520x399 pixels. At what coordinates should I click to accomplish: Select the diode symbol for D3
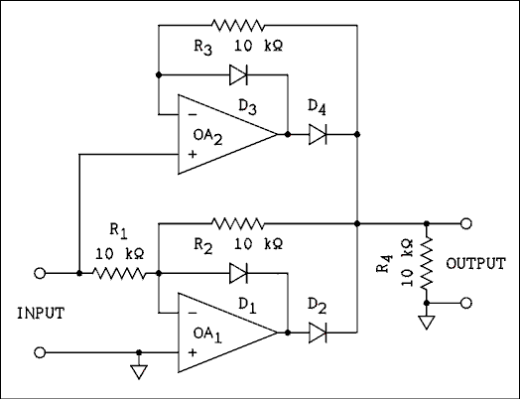pos(238,73)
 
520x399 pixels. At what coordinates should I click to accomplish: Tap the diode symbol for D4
pos(318,133)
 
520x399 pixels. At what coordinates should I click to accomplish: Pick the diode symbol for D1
pos(238,272)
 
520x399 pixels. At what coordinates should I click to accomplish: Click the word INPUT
pos(41,313)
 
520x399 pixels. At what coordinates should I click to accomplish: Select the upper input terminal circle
pos(41,272)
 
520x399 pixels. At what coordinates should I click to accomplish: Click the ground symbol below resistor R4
pos(426,324)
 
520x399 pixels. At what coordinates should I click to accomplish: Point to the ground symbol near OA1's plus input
pos(139,372)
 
